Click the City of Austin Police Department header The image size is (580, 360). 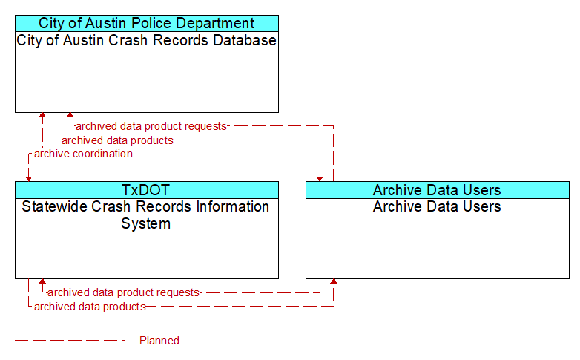pos(146,23)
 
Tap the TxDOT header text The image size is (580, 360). pos(145,190)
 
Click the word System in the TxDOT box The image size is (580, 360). pos(145,223)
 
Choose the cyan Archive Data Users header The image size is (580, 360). pos(437,190)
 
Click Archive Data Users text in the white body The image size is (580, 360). pos(437,206)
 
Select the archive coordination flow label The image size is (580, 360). pos(83,154)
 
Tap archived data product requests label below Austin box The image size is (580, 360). pos(151,126)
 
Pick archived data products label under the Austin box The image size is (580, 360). pos(117,140)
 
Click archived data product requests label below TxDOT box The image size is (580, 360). pos(124,292)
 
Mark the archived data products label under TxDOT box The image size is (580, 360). pos(90,307)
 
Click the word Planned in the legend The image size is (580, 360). pos(159,341)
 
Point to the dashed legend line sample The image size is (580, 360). pos(70,341)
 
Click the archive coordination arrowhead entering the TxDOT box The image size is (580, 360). pos(28,179)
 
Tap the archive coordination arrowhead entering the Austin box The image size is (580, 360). pos(42,115)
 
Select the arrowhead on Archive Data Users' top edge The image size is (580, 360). pos(320,179)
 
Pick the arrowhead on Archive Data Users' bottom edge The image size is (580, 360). pos(333,281)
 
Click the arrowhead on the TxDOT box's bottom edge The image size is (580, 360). pos(42,281)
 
